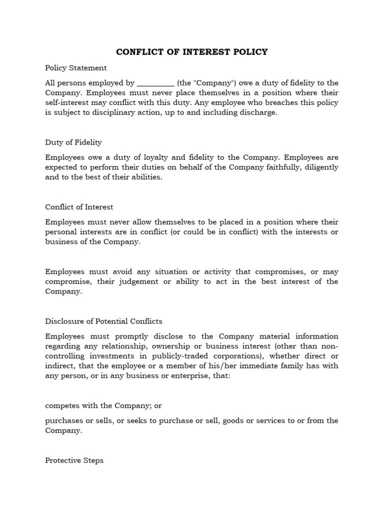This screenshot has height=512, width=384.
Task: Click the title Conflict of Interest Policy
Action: coord(192,51)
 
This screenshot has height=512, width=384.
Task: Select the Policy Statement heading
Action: coord(75,67)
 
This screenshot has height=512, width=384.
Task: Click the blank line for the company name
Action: coord(155,83)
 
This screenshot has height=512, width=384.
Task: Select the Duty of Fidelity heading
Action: coord(73,142)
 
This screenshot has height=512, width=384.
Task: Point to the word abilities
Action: coord(145,176)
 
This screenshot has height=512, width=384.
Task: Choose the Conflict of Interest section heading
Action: coord(79,207)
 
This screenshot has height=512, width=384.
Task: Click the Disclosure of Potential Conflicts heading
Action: coord(103,321)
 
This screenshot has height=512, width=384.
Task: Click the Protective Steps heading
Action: coord(74,460)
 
